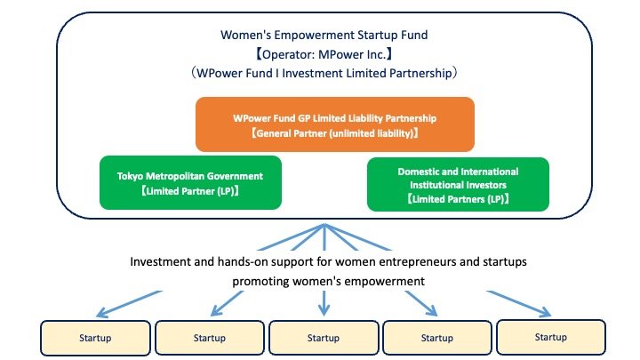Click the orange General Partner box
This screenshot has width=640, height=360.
pos(335,124)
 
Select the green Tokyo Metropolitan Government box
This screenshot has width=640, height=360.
pos(190,183)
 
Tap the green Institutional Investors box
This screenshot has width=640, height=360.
pos(458,185)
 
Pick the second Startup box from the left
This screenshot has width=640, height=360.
pos(210,338)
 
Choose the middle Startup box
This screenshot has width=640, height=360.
pos(324,338)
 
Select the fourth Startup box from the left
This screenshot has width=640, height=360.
pos(437,338)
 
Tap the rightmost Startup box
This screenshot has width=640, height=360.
pos(551,337)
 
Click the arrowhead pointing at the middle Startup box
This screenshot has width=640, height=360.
pos(324,309)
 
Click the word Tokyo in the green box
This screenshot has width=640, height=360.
pos(131,176)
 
